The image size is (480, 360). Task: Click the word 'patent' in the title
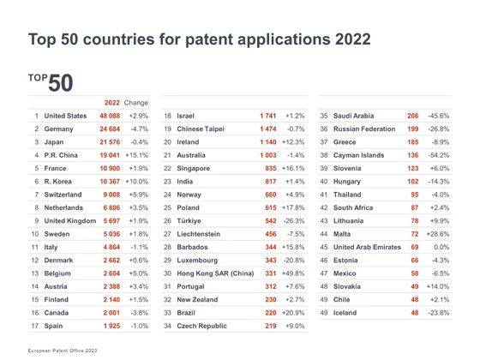click(209, 39)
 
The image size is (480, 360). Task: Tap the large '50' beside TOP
click(60, 82)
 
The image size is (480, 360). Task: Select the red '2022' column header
click(112, 103)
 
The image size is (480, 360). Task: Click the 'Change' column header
click(136, 103)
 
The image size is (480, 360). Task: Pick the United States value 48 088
click(110, 116)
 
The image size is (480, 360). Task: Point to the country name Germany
click(58, 129)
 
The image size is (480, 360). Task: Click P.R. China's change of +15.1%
click(137, 155)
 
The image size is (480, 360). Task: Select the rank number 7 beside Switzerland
click(37, 195)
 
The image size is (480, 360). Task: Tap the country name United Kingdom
click(70, 221)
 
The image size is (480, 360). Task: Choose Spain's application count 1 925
click(111, 326)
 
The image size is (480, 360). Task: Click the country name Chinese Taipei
click(201, 129)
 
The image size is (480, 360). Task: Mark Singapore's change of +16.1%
click(293, 168)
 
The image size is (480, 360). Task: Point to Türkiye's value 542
click(271, 221)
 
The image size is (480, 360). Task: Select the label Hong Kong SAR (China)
click(215, 273)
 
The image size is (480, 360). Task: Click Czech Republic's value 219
click(271, 326)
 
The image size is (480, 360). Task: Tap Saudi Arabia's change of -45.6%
click(439, 116)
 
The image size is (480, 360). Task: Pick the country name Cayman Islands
click(359, 155)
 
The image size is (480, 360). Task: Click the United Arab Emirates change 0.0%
click(441, 248)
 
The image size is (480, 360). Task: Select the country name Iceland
click(345, 313)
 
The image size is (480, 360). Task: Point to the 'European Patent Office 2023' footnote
click(63, 351)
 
